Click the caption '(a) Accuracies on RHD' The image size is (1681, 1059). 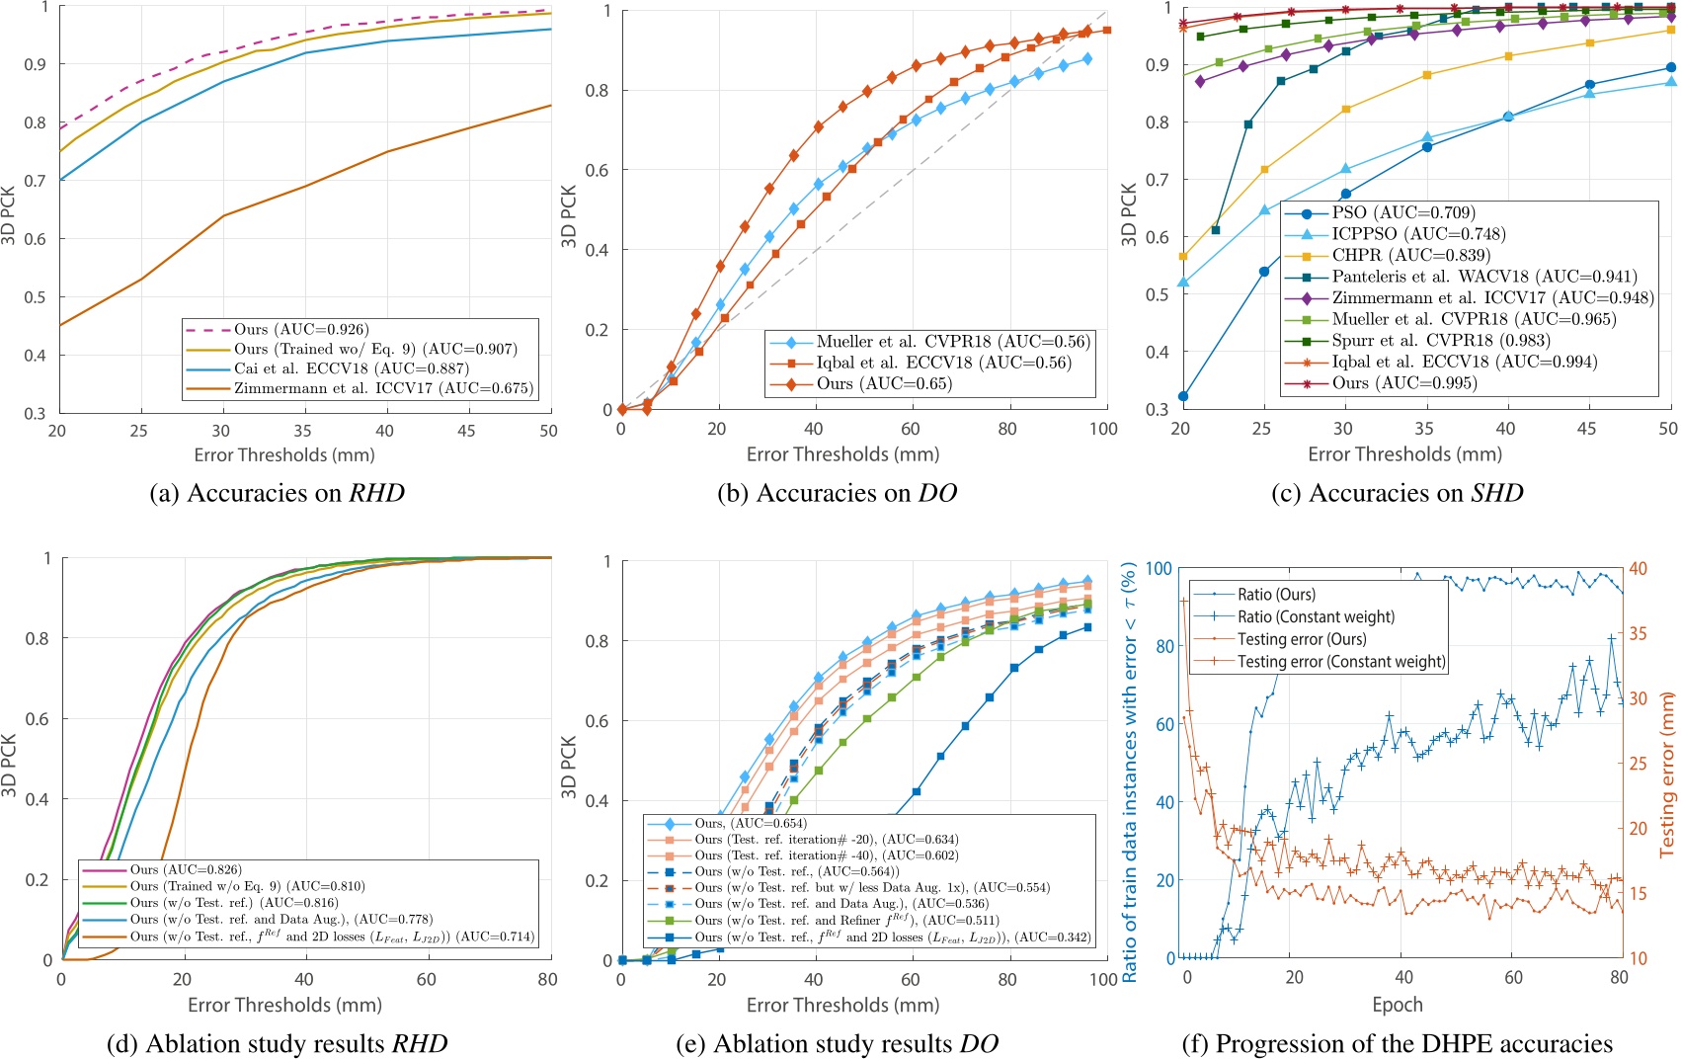click(x=277, y=493)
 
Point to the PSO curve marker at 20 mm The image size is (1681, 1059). click(x=1183, y=397)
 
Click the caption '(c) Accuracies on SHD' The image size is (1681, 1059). click(x=1397, y=493)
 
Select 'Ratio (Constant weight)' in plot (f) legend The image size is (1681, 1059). click(x=1316, y=616)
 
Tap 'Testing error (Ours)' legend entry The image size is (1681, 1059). click(x=1302, y=639)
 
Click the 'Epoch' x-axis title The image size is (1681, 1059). click(x=1398, y=1005)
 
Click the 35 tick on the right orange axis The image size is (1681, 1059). click(x=1639, y=633)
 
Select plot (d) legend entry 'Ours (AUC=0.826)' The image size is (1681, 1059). click(x=186, y=869)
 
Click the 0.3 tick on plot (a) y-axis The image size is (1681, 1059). click(x=36, y=413)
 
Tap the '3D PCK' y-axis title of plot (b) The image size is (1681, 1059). click(x=569, y=215)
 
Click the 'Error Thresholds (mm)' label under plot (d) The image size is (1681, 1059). click(x=284, y=1005)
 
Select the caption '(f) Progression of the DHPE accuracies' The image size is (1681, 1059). click(x=1397, y=1043)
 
